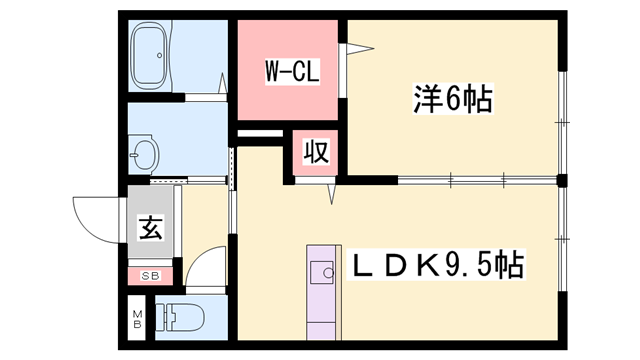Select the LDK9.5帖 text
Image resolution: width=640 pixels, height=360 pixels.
click(x=436, y=266)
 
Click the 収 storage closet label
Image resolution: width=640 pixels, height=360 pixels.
click(x=315, y=154)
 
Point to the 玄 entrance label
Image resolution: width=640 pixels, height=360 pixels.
click(x=150, y=229)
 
